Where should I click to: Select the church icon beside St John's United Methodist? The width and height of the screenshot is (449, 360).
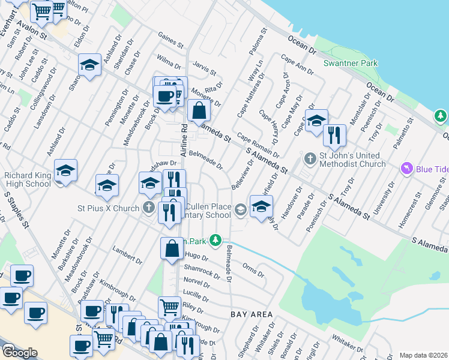(310, 159)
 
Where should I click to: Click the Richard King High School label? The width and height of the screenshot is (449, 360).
(27, 179)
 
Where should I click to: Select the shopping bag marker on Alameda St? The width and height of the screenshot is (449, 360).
(199, 110)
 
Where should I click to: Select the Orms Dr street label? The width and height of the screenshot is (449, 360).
(253, 270)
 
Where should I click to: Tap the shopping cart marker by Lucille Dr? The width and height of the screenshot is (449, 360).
(169, 307)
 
